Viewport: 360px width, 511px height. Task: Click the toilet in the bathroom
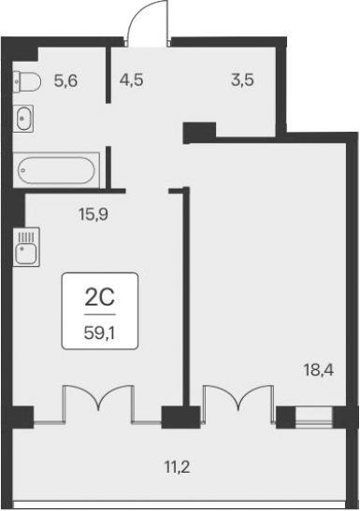(27, 82)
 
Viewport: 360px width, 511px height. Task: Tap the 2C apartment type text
(99, 298)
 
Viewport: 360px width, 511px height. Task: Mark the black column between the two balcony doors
(175, 418)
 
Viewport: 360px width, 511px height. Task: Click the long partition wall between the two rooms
(185, 299)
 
